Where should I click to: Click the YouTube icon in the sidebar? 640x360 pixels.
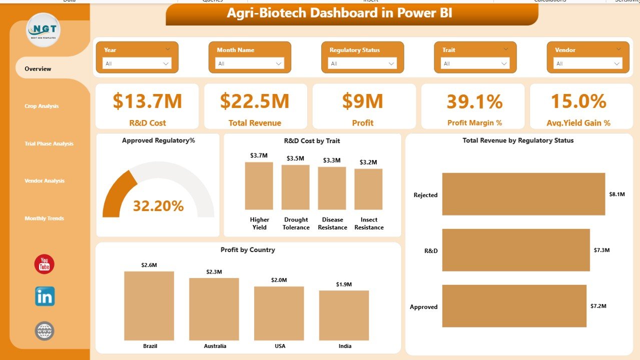(45, 264)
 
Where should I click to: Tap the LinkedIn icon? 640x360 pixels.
(45, 296)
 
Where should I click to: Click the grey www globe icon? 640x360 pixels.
(45, 331)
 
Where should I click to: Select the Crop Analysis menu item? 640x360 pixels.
(42, 106)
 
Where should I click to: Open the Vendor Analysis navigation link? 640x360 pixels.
(45, 181)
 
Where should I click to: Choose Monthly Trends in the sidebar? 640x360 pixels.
(44, 218)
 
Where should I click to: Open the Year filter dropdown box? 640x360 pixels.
(137, 63)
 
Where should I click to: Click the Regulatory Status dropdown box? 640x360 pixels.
(362, 63)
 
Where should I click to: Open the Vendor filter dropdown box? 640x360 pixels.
(587, 63)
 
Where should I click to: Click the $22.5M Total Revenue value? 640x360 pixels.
(255, 101)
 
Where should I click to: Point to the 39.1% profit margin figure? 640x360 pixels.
(474, 101)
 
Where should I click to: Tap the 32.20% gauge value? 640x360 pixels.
(158, 205)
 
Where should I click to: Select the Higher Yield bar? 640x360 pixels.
(259, 186)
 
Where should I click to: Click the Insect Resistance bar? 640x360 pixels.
(368, 189)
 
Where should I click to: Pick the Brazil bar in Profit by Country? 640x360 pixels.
(149, 305)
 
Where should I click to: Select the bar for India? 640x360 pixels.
(344, 314)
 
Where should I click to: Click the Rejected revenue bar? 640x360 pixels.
(523, 194)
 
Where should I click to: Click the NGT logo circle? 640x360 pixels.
(44, 30)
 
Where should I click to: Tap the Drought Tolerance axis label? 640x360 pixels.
(296, 223)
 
